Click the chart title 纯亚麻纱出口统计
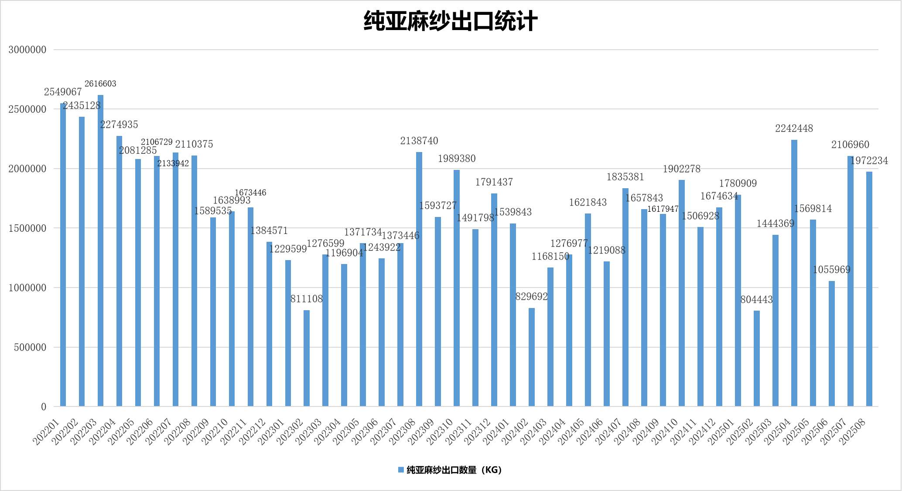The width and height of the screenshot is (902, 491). click(x=451, y=21)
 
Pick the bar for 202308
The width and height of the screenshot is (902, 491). click(x=419, y=279)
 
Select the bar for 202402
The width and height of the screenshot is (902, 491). click(x=532, y=357)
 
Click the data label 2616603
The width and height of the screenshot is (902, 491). click(x=100, y=84)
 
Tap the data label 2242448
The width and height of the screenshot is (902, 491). click(x=794, y=129)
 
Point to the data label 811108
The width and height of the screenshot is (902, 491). click(x=307, y=299)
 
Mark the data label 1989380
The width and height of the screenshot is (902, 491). click(x=457, y=159)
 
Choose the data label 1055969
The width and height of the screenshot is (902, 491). click(x=831, y=270)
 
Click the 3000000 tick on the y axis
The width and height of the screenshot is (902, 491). click(x=27, y=50)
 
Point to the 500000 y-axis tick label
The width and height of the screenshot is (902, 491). click(x=30, y=347)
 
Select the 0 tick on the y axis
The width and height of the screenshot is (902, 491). click(x=44, y=407)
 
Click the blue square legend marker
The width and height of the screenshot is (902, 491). click(x=401, y=470)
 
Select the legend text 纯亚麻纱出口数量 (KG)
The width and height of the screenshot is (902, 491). click(x=454, y=470)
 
